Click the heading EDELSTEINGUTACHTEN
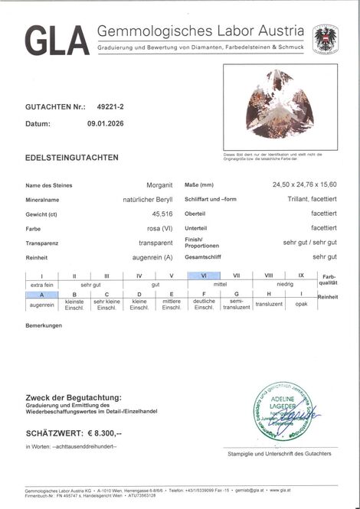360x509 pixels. click(71, 158)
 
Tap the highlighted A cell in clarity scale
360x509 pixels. click(43, 294)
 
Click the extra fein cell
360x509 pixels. click(43, 284)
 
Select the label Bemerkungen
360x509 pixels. click(44, 326)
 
